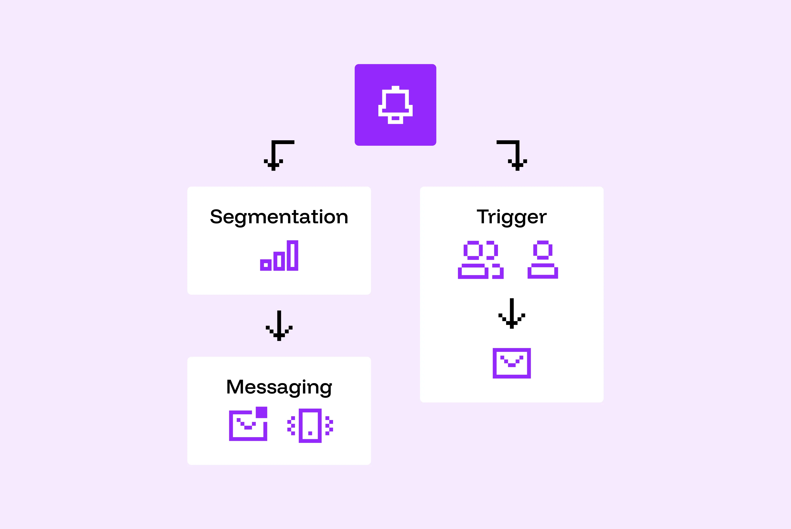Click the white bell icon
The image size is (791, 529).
[395, 104]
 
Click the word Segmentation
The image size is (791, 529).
[279, 217]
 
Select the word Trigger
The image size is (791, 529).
[511, 217]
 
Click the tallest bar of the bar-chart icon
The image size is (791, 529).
[292, 255]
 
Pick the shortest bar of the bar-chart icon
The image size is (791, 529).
[266, 265]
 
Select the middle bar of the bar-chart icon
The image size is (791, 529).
[279, 261]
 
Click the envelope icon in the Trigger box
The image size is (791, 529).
[512, 363]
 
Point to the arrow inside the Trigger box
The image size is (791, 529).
[512, 313]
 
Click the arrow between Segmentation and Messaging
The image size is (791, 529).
[279, 326]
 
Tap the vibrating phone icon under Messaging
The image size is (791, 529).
[310, 426]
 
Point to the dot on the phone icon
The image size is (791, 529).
[310, 433]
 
